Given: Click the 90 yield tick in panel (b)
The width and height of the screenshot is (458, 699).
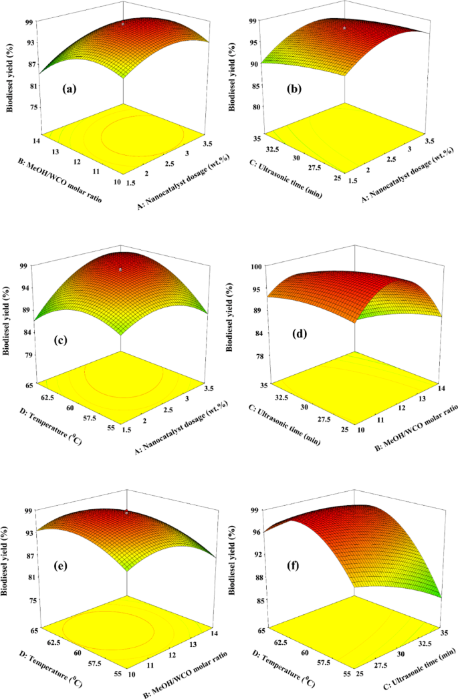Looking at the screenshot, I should [x=253, y=65].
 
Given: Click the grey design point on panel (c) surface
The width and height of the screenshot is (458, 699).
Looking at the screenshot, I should [x=120, y=269].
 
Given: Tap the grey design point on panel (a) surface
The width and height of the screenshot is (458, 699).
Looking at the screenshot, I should [x=123, y=24].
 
